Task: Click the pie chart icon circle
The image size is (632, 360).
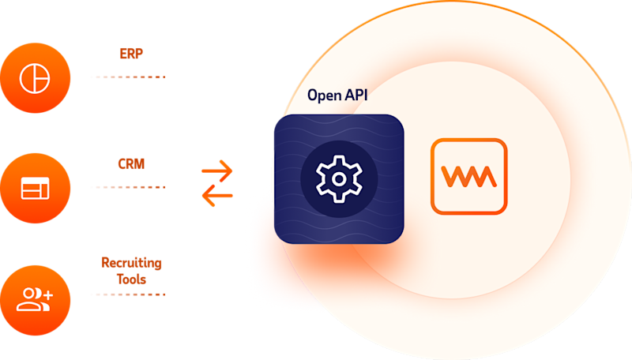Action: pos(36,77)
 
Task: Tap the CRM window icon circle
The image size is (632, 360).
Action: pos(36,188)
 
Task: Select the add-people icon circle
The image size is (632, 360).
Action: pos(36,298)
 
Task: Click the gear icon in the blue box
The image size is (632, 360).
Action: pos(338,178)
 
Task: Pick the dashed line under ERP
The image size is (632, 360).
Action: pos(128,77)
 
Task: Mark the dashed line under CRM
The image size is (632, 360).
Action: pos(128,187)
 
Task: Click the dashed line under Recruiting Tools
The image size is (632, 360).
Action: pos(128,294)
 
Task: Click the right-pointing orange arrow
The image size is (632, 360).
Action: pos(217,169)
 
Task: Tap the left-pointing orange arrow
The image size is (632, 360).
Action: pos(217,196)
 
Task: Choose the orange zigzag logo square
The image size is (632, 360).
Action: pos(468,176)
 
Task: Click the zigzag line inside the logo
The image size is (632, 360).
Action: pos(468,177)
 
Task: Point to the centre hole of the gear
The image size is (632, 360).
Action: pos(338,178)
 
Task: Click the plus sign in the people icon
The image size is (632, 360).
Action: pos(47,294)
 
